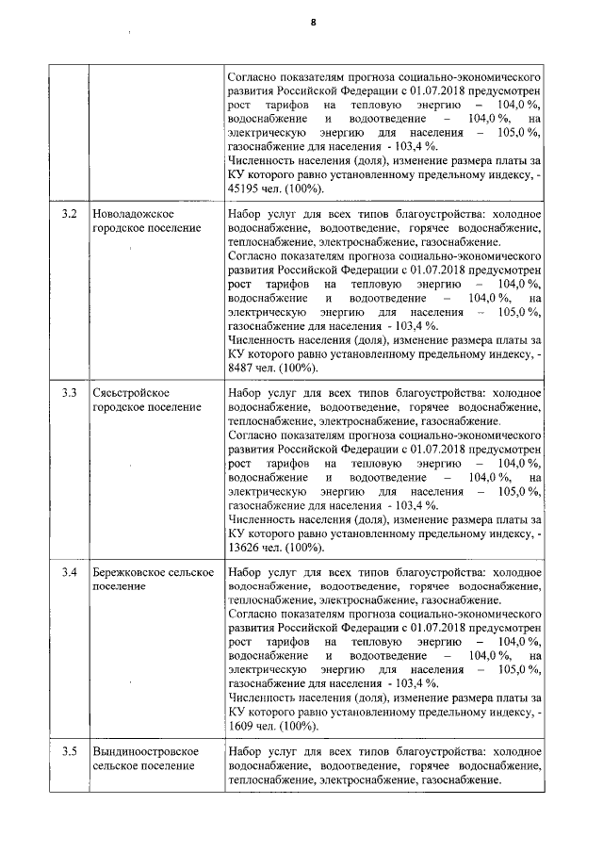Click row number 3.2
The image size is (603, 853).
coord(69,214)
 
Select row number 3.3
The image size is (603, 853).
coord(69,392)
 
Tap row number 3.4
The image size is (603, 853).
coord(69,572)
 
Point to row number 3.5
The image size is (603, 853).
coord(69,751)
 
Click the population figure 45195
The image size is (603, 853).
coord(246,189)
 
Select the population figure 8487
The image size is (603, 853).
coord(243,368)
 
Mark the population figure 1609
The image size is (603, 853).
coord(243,727)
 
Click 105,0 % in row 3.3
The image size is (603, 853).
coord(519,491)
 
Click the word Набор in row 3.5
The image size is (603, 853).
coord(247,751)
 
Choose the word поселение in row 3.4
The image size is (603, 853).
coord(119,585)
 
